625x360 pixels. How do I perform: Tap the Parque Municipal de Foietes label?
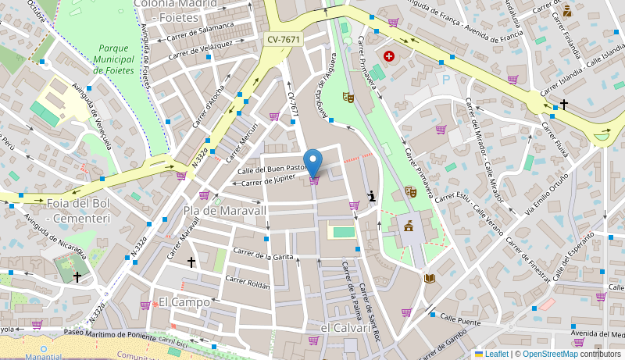tap(113, 59)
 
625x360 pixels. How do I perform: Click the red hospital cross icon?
tap(389, 56)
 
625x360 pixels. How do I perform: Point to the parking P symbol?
tap(446, 80)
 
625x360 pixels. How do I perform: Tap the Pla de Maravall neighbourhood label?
tap(225, 210)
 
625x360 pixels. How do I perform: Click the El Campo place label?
tap(184, 301)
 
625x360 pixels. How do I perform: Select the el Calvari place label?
tap(346, 328)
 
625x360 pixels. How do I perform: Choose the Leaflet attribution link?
tap(496, 354)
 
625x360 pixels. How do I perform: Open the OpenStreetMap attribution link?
tap(550, 354)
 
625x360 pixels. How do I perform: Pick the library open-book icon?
tap(430, 278)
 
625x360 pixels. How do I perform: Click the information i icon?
tap(372, 197)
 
